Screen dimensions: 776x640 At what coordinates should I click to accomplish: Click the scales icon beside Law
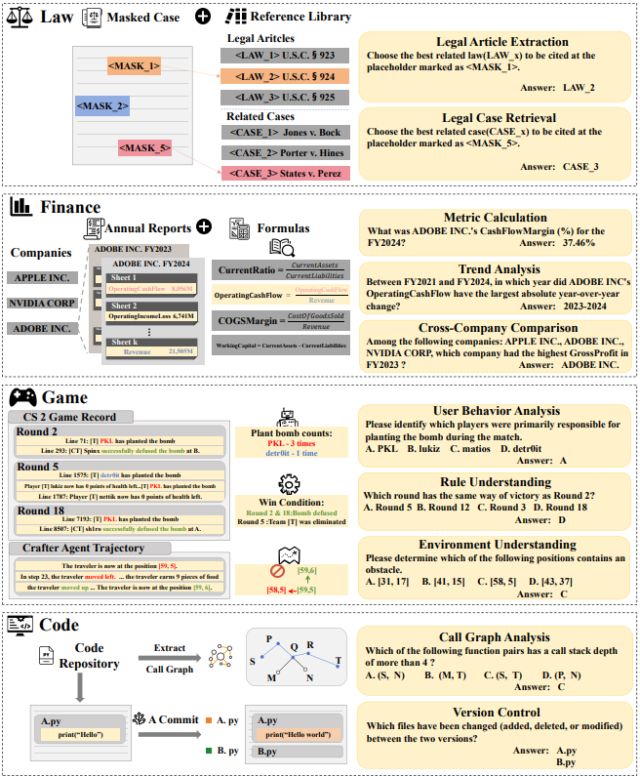19,17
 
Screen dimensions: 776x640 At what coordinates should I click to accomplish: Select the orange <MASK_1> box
134,66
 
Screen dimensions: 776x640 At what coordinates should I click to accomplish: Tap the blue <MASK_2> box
102,105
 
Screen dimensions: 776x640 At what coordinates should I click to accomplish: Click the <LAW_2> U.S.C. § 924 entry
283,74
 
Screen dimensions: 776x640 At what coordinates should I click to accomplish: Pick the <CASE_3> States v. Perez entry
283,173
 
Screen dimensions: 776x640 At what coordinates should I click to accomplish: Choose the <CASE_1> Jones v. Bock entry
283,133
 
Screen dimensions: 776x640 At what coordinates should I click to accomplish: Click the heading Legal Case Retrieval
493,117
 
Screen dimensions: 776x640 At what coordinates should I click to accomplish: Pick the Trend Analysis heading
493,269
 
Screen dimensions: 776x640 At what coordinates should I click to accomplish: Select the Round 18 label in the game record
41,511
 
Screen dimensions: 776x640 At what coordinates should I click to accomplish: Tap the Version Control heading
493,712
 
